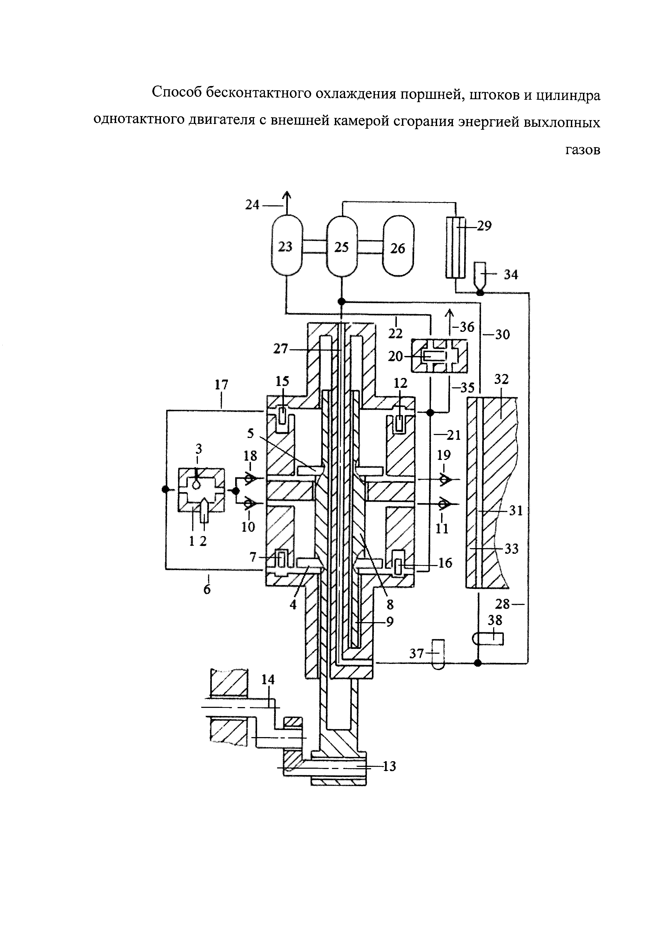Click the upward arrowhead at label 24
click(287, 196)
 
